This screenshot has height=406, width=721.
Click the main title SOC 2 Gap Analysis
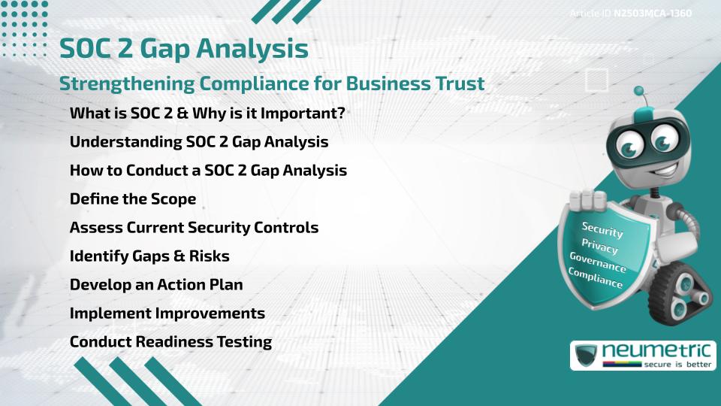(x=184, y=49)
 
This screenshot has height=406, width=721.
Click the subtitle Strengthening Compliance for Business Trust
(x=272, y=83)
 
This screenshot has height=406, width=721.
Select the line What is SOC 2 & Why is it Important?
(x=207, y=114)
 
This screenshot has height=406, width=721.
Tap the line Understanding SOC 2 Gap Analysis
(x=199, y=142)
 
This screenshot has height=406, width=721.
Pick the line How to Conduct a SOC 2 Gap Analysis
(x=208, y=171)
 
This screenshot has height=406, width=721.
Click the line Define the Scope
(x=133, y=198)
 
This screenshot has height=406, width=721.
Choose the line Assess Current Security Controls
(x=194, y=227)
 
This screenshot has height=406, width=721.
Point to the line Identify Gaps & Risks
(x=149, y=256)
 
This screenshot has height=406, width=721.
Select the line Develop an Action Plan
(x=156, y=284)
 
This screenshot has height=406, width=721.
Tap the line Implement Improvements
(x=167, y=313)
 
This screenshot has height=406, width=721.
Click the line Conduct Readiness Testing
(x=170, y=341)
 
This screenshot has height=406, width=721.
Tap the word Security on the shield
(x=602, y=229)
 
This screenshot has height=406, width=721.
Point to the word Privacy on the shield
(x=599, y=247)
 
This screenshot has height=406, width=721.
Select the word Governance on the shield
(x=598, y=262)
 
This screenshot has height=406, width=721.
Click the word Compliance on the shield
(x=596, y=278)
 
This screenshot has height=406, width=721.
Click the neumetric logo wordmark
(x=656, y=351)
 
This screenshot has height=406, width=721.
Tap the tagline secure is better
(x=677, y=365)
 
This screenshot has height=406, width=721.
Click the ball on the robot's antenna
(x=638, y=91)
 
